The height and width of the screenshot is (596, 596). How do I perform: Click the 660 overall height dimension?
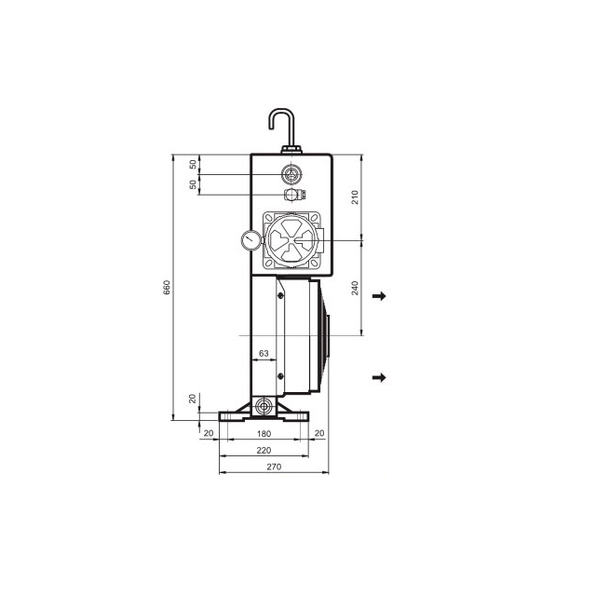click(167, 288)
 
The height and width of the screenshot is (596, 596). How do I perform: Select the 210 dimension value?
click(355, 197)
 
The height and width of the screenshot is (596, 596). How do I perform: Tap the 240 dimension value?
click(355, 288)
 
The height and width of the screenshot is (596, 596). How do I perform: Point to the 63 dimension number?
click(264, 354)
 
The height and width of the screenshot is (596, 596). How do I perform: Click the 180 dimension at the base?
click(264, 434)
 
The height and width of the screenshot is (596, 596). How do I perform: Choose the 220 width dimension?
click(264, 451)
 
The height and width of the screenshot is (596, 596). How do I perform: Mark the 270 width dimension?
click(274, 467)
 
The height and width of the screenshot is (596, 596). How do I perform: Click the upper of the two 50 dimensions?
click(193, 164)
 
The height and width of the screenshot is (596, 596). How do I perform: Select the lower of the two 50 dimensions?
click(193, 184)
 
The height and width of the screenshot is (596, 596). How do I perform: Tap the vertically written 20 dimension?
click(193, 399)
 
